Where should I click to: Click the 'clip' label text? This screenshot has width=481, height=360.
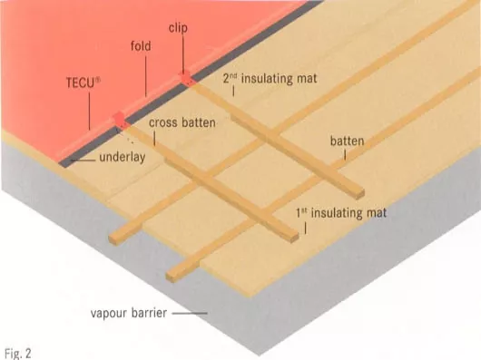[x=178, y=28]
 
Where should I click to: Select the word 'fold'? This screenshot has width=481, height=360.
[x=141, y=46]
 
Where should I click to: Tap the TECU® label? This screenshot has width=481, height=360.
[x=83, y=83]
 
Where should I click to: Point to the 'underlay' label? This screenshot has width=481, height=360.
[x=123, y=157]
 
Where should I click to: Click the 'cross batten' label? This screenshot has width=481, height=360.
[x=182, y=122]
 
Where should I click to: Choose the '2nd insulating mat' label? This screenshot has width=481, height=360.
[x=270, y=79]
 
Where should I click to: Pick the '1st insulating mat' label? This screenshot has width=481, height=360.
[x=341, y=213]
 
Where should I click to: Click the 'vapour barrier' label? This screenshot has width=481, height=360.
[x=129, y=313]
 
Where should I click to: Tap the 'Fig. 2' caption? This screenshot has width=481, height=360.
[x=18, y=354]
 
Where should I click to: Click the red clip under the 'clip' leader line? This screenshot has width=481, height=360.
[x=185, y=78]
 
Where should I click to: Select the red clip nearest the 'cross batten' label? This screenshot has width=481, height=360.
[x=119, y=119]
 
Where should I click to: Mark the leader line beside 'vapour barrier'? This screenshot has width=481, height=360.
[x=190, y=313]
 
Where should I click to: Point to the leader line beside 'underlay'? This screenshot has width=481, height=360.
[x=83, y=161]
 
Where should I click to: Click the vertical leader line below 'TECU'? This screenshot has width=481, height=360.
[x=90, y=112]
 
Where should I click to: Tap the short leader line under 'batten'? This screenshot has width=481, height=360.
[x=345, y=154]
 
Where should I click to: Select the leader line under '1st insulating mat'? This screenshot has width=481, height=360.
[x=305, y=229]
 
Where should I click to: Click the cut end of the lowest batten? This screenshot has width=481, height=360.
[x=172, y=276]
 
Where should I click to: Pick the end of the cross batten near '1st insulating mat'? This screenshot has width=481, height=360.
[x=294, y=238]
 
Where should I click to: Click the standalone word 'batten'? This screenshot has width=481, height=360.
[x=348, y=141]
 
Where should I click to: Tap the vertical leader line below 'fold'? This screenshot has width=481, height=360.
[x=146, y=76]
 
